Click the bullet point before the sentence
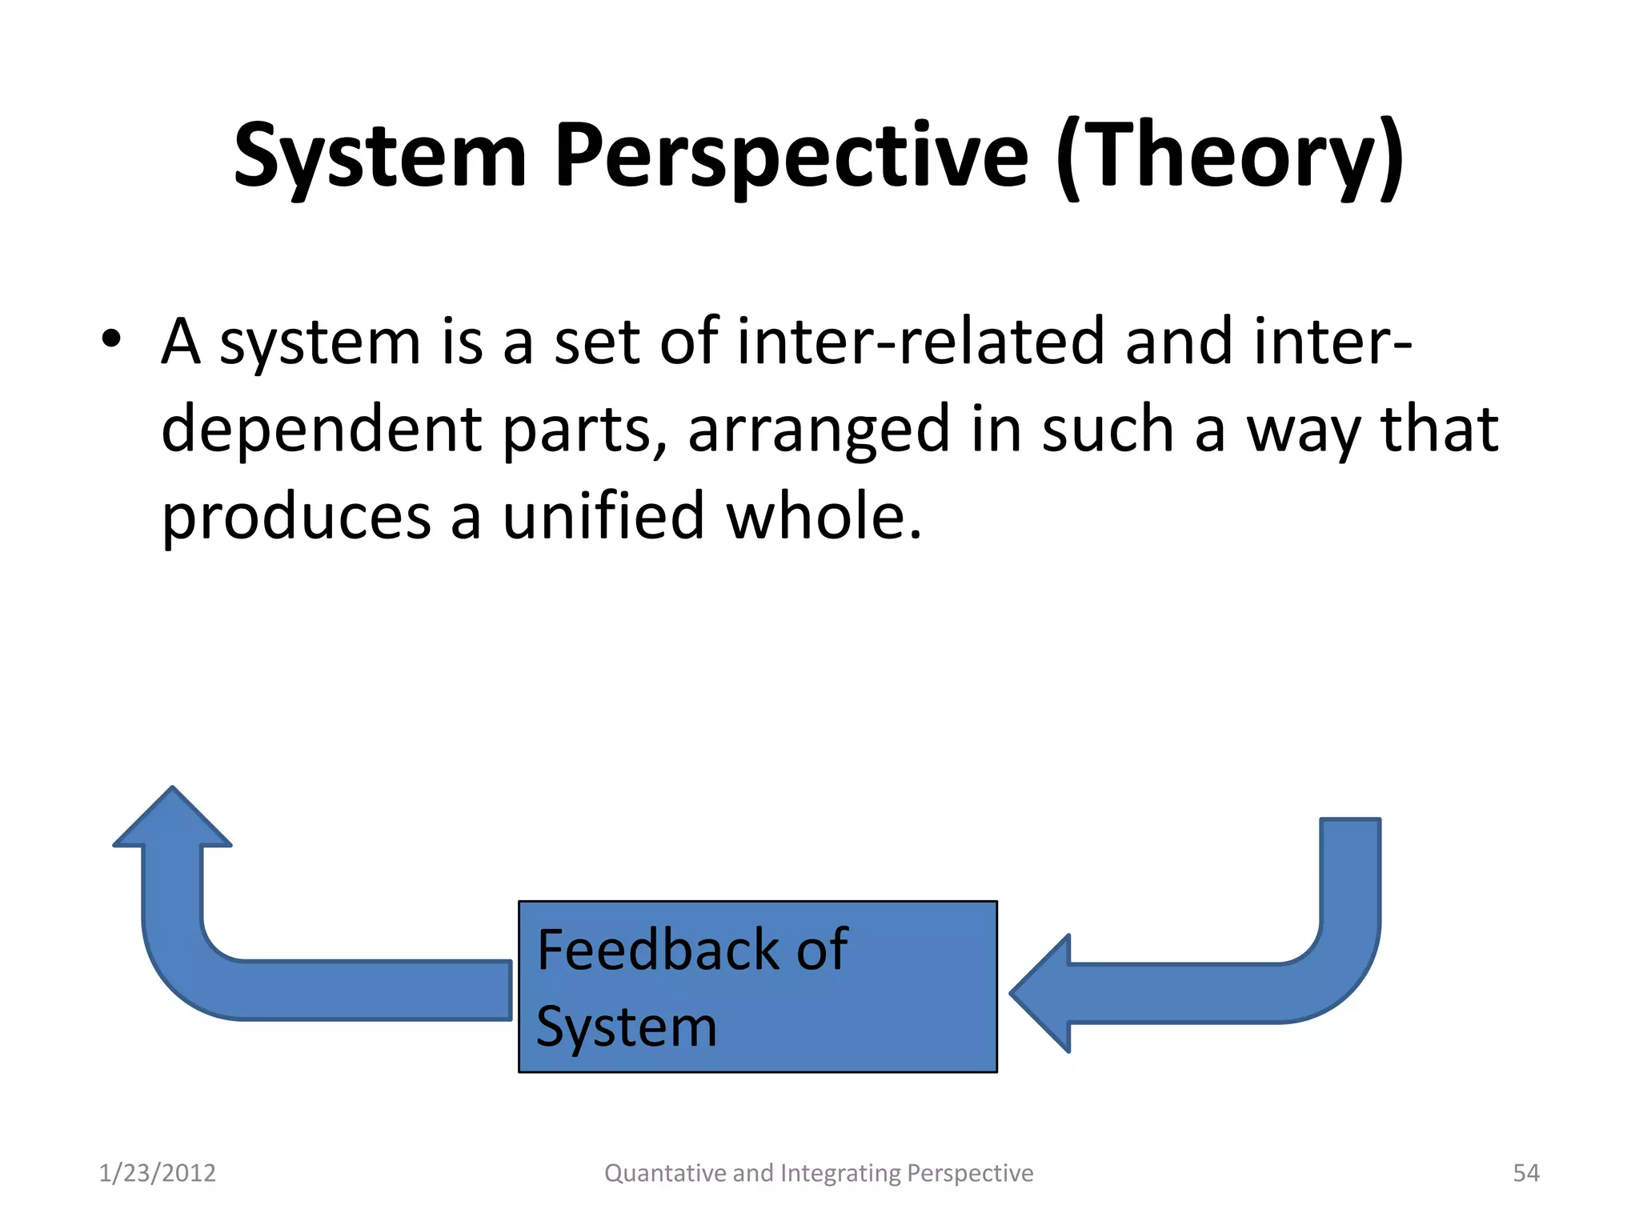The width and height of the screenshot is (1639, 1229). [111, 339]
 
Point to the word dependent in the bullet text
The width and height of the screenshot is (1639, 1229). [321, 430]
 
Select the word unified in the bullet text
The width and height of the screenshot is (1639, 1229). [603, 516]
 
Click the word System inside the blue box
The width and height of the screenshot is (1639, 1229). [627, 1027]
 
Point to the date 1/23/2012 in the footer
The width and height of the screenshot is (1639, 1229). [157, 1173]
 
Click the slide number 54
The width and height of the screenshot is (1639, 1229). [1525, 1173]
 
